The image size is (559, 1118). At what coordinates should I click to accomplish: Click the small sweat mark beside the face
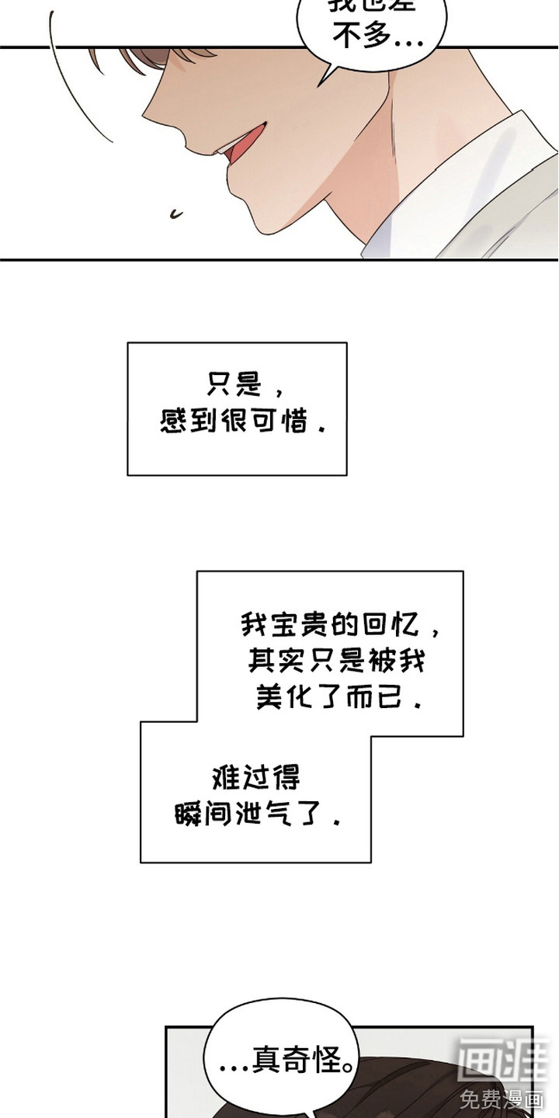click(175, 211)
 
